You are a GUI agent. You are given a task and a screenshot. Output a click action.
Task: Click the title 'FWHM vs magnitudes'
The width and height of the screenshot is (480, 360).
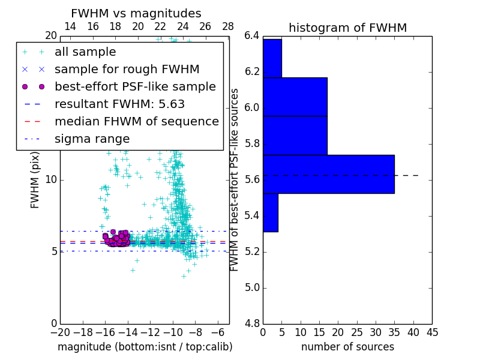[136, 14]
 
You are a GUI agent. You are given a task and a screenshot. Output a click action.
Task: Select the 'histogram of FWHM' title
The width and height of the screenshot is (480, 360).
[347, 28]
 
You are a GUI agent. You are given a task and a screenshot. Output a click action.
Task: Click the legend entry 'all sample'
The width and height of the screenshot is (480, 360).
[85, 52]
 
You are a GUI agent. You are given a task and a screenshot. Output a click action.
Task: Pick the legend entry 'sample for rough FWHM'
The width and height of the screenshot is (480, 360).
[127, 70]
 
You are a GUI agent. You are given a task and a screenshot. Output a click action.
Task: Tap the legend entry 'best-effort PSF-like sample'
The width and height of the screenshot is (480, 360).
[135, 87]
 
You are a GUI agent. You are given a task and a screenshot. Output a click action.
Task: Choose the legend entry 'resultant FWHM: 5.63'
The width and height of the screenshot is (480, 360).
[119, 104]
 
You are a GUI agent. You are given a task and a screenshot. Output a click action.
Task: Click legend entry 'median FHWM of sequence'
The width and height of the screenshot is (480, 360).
[136, 122]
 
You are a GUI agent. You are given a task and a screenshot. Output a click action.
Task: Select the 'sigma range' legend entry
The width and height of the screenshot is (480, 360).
[92, 139]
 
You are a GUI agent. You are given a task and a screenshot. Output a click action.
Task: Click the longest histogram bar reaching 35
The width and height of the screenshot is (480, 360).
[328, 174]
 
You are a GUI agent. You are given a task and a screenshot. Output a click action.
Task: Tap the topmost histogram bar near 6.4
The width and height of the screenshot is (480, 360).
[272, 58]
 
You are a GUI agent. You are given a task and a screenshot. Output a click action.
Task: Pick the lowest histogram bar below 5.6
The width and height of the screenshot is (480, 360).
[270, 212]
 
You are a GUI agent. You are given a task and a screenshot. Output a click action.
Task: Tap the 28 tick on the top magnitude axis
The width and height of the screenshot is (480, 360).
[228, 26]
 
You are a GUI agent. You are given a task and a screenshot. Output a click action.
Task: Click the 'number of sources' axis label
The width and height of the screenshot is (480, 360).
[347, 347]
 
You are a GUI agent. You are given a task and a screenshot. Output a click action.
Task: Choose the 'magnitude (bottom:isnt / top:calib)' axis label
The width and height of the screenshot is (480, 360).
[145, 347]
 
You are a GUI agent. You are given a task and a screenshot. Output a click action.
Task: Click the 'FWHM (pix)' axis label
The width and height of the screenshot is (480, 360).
[35, 180]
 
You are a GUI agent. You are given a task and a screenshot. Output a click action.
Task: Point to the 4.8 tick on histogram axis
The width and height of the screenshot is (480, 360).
[252, 324]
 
